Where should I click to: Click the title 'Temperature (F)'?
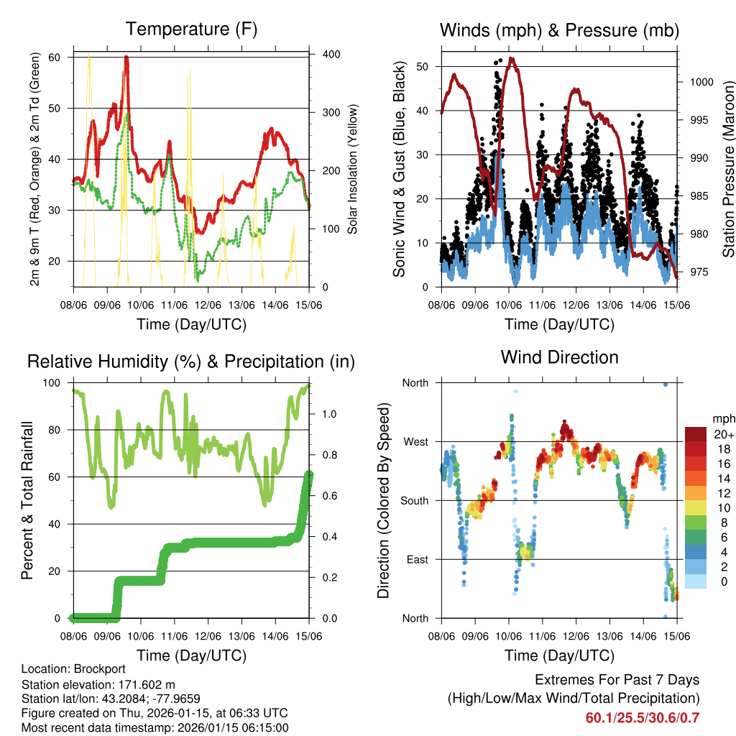191,29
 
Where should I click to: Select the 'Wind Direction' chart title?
559,357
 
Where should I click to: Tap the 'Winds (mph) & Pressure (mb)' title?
559,30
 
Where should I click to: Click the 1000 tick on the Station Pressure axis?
701,82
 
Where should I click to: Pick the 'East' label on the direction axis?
416,559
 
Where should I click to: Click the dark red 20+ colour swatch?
696,434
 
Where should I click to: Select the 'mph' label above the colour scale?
722,418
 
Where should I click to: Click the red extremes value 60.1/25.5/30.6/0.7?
643,717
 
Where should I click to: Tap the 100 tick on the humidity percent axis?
55,382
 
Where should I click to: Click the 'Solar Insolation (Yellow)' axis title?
353,170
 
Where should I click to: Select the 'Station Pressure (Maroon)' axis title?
728,170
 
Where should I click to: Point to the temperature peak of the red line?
126,57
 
